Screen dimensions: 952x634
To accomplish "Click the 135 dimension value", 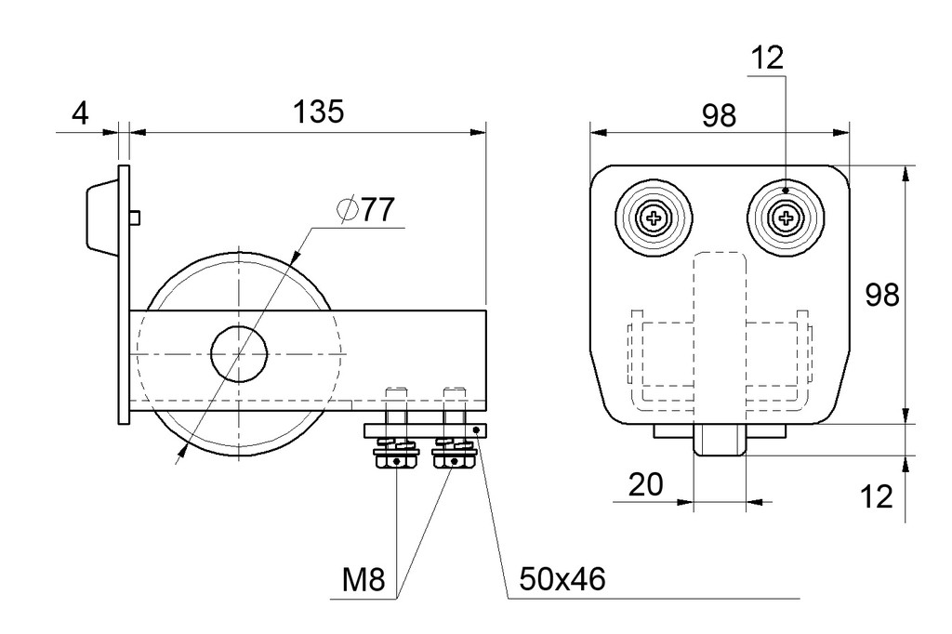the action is [318, 112].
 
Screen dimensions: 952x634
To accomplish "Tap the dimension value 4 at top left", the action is [81, 113].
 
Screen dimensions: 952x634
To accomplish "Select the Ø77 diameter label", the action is [365, 210].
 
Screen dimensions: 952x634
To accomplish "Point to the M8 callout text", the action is [364, 579].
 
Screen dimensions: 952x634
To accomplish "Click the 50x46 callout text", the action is [562, 579].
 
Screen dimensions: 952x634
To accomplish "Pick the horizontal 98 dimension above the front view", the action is [719, 115].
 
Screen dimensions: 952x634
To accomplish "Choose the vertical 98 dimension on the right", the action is [882, 295].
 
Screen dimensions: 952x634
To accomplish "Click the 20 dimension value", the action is [645, 484].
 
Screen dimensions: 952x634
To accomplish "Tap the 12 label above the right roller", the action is [767, 59].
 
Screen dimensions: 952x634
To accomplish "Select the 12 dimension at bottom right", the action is [878, 496].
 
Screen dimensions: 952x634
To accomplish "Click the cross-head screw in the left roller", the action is [654, 218].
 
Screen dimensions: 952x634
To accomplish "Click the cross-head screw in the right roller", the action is [786, 217].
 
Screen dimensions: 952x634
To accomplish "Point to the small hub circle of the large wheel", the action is [239, 353].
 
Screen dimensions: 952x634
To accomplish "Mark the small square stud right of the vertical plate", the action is [136, 217].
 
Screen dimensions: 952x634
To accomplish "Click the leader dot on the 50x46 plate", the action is [477, 430].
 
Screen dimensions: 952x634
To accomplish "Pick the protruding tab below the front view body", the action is [720, 441].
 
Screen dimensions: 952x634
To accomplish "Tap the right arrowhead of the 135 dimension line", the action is [479, 132].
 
